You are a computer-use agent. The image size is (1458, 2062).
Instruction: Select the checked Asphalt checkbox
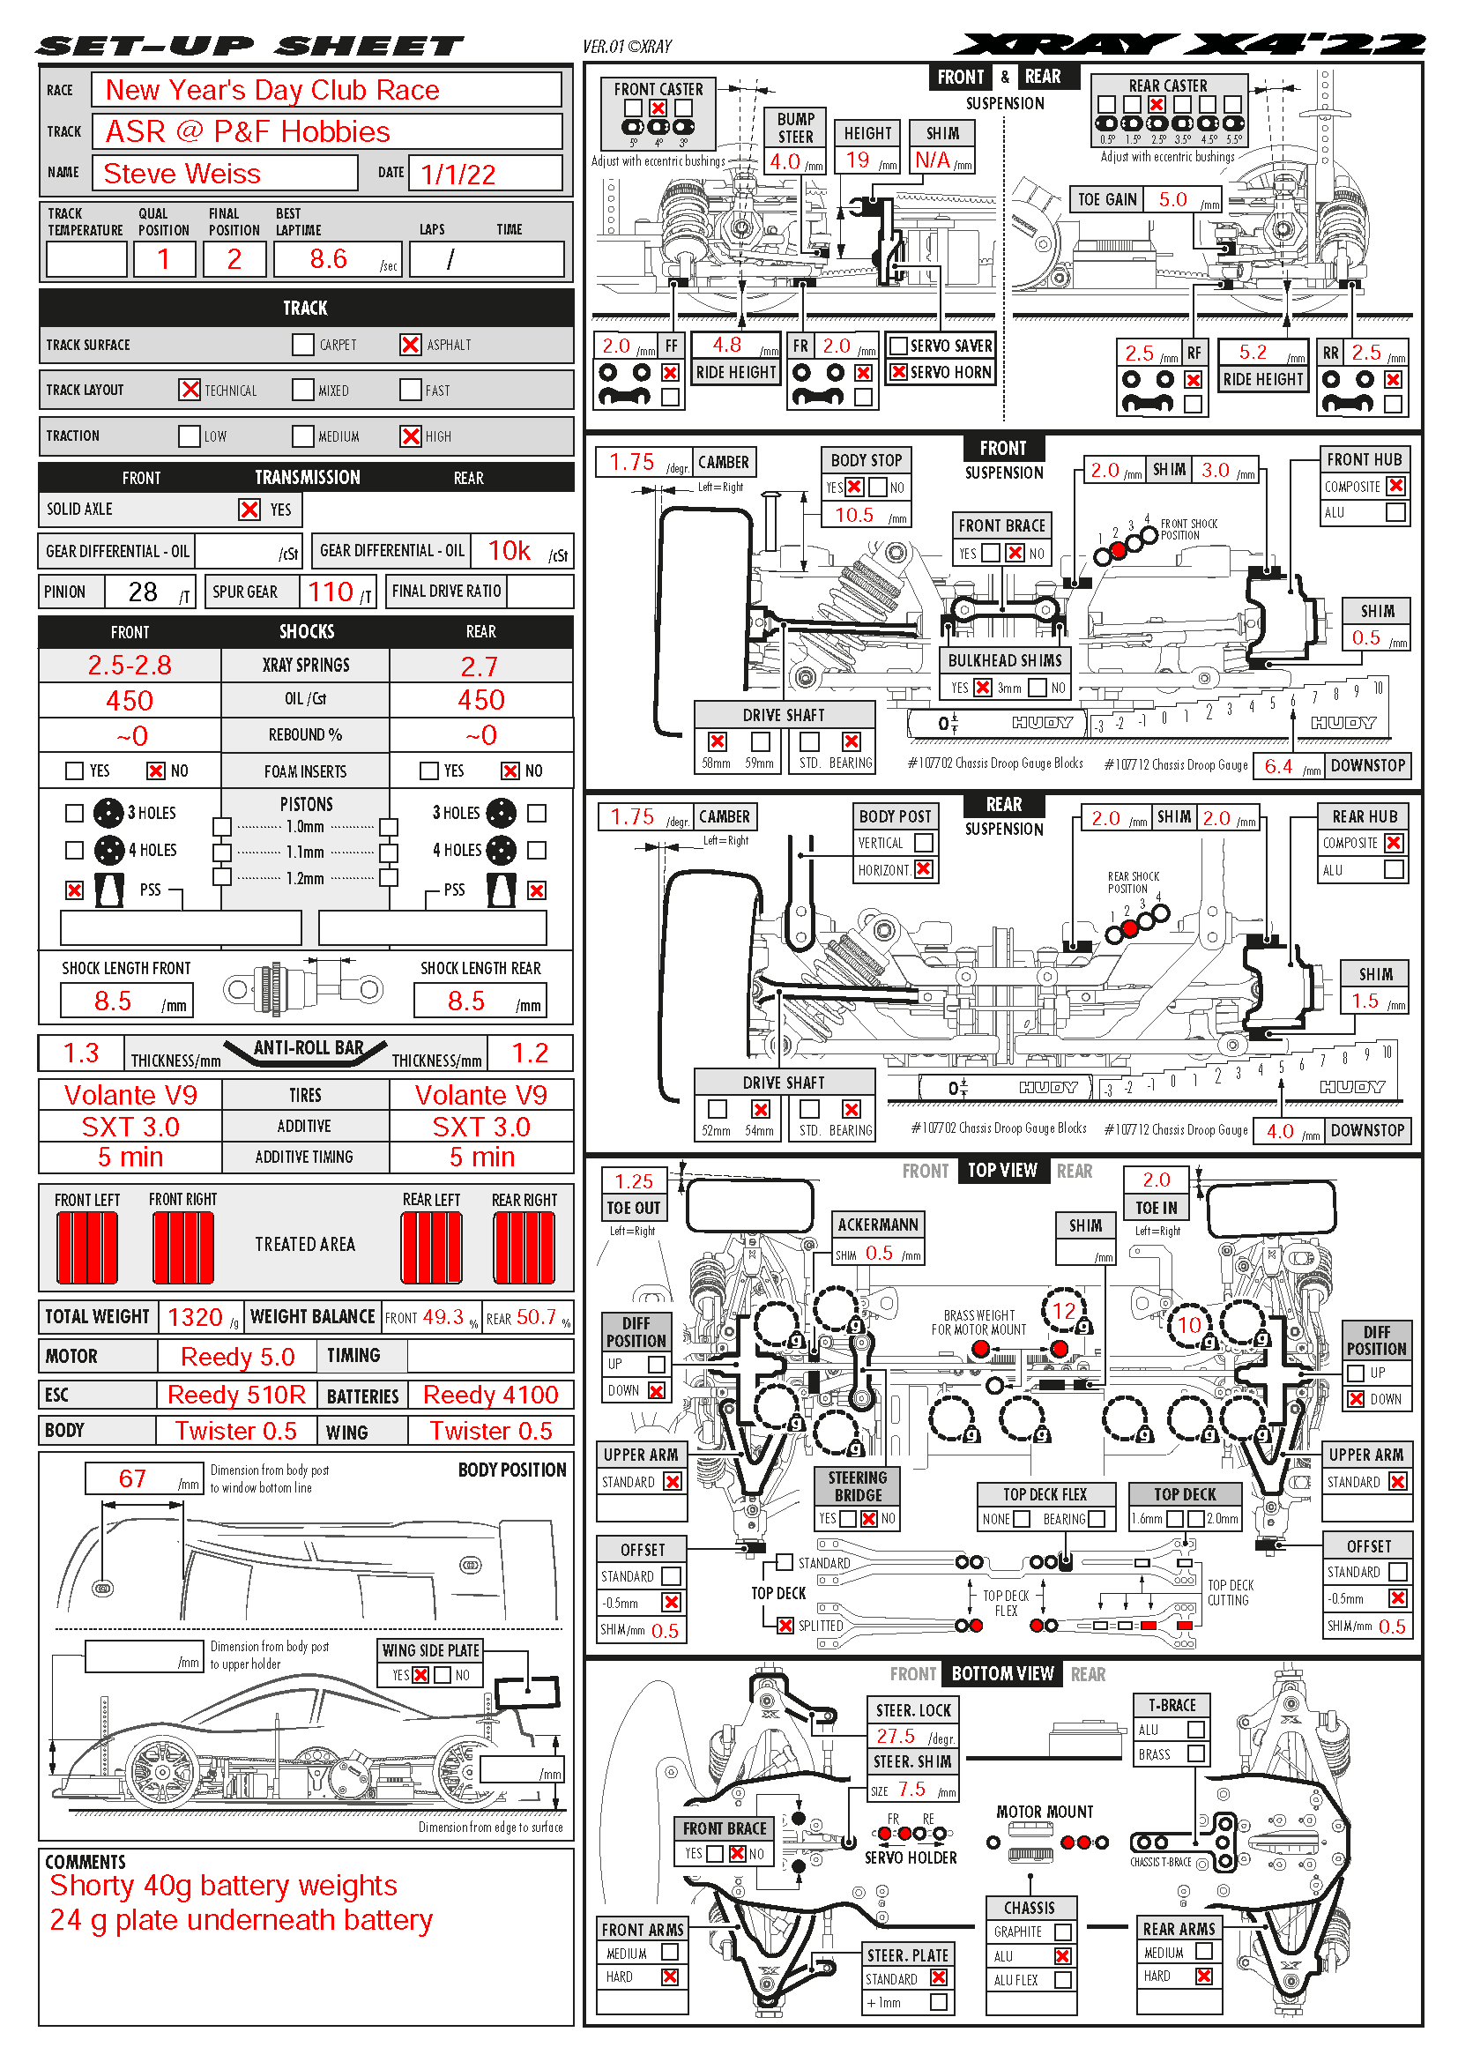(x=410, y=345)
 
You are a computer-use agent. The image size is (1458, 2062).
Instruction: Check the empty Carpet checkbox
(x=303, y=345)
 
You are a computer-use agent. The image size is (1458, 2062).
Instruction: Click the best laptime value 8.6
(x=329, y=259)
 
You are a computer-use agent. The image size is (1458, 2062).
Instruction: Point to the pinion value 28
(x=143, y=592)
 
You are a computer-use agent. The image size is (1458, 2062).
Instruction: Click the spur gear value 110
(x=331, y=592)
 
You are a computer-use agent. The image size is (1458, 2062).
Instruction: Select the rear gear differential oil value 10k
(x=509, y=550)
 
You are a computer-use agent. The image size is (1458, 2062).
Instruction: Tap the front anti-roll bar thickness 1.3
(x=81, y=1053)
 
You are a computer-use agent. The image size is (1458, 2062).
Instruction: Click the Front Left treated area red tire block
(x=87, y=1247)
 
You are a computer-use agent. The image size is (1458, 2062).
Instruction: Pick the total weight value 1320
(x=195, y=1317)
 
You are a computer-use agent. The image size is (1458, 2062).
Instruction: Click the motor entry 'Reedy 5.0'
(x=237, y=1357)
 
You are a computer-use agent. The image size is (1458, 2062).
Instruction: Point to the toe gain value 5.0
(x=1172, y=199)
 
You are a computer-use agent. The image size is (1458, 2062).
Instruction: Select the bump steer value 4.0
(x=785, y=161)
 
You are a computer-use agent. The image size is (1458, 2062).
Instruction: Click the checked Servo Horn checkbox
(x=897, y=372)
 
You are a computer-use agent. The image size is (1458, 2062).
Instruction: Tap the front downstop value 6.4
(x=1278, y=766)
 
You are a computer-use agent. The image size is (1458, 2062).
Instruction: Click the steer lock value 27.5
(x=896, y=1736)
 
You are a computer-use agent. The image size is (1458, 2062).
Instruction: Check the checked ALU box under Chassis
(x=1063, y=1956)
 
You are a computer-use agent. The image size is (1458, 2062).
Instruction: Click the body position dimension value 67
(x=132, y=1478)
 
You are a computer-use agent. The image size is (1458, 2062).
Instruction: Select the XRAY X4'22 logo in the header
(x=1189, y=44)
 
